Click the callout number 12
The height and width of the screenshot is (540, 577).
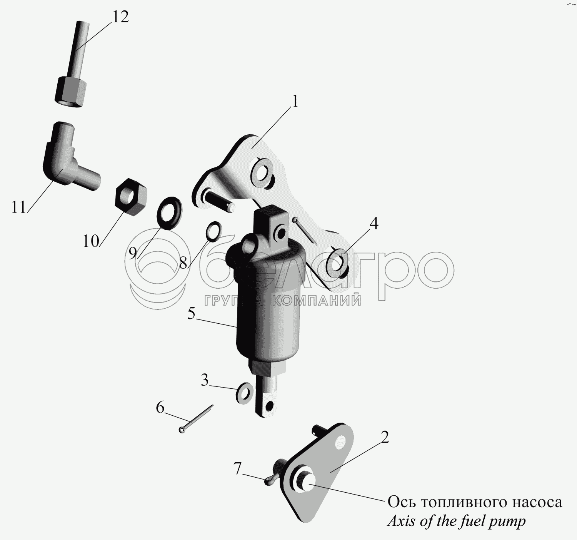[120, 18]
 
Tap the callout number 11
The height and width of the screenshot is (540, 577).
[19, 207]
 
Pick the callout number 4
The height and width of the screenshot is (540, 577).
[374, 224]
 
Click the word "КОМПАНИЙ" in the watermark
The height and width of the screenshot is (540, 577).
[318, 300]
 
